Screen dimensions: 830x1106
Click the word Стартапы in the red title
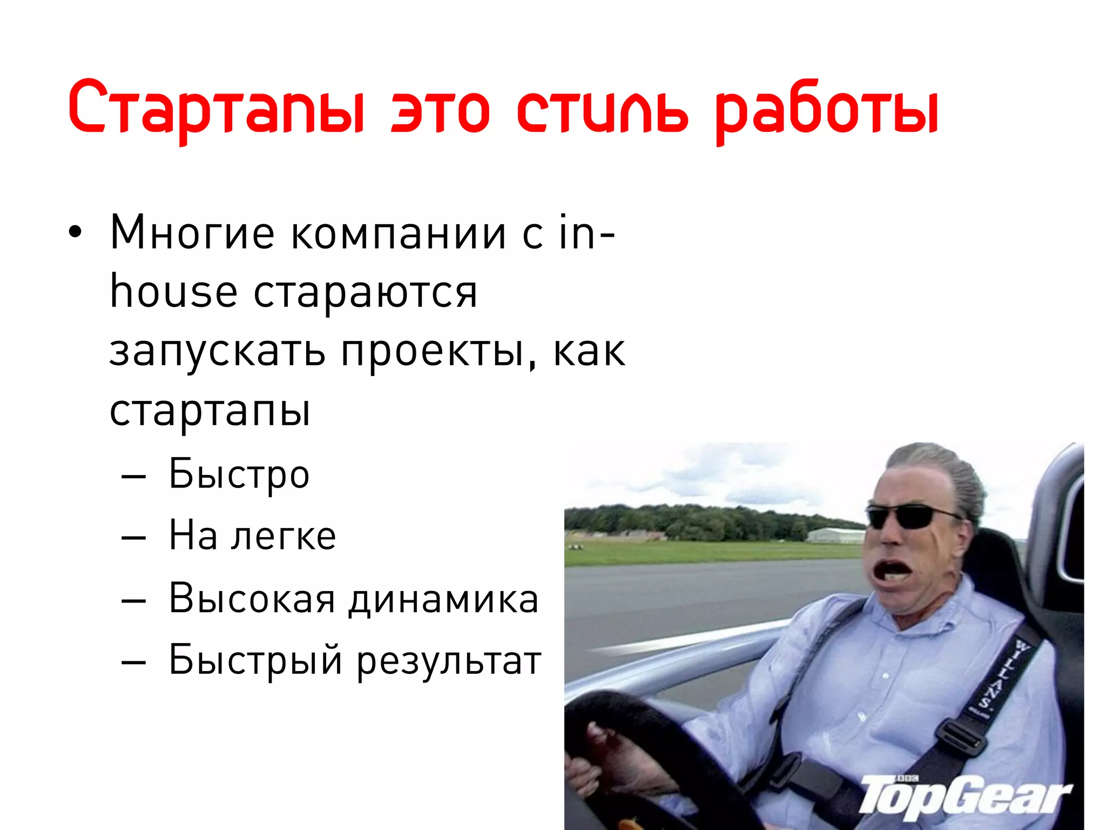pyautogui.click(x=216, y=108)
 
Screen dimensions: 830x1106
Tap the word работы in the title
pyautogui.click(x=826, y=111)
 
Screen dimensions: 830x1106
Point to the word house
pyautogui.click(x=173, y=292)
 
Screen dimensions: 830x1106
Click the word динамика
pyautogui.click(x=443, y=599)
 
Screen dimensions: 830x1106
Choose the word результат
pyautogui.click(x=449, y=660)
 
